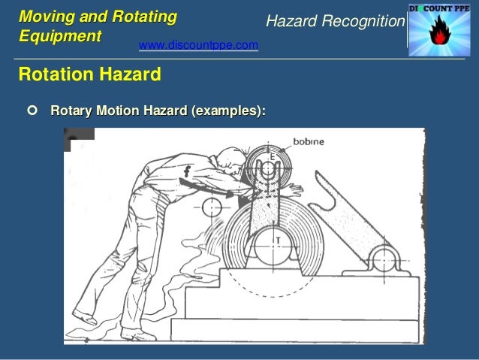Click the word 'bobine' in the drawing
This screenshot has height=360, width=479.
pos(309,141)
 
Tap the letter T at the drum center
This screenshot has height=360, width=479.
pos(279,240)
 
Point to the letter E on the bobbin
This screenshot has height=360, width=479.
pos(272,157)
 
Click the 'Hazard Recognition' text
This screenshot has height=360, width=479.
pos(335,23)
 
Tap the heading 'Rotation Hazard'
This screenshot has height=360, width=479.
pos(89,75)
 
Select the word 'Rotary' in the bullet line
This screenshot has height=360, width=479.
pos(71,111)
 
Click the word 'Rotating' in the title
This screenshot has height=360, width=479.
pos(147,17)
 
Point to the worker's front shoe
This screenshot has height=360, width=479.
pos(85,318)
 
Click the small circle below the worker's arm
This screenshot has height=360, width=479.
pos(212,206)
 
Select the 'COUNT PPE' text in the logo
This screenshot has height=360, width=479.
pos(450,8)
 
